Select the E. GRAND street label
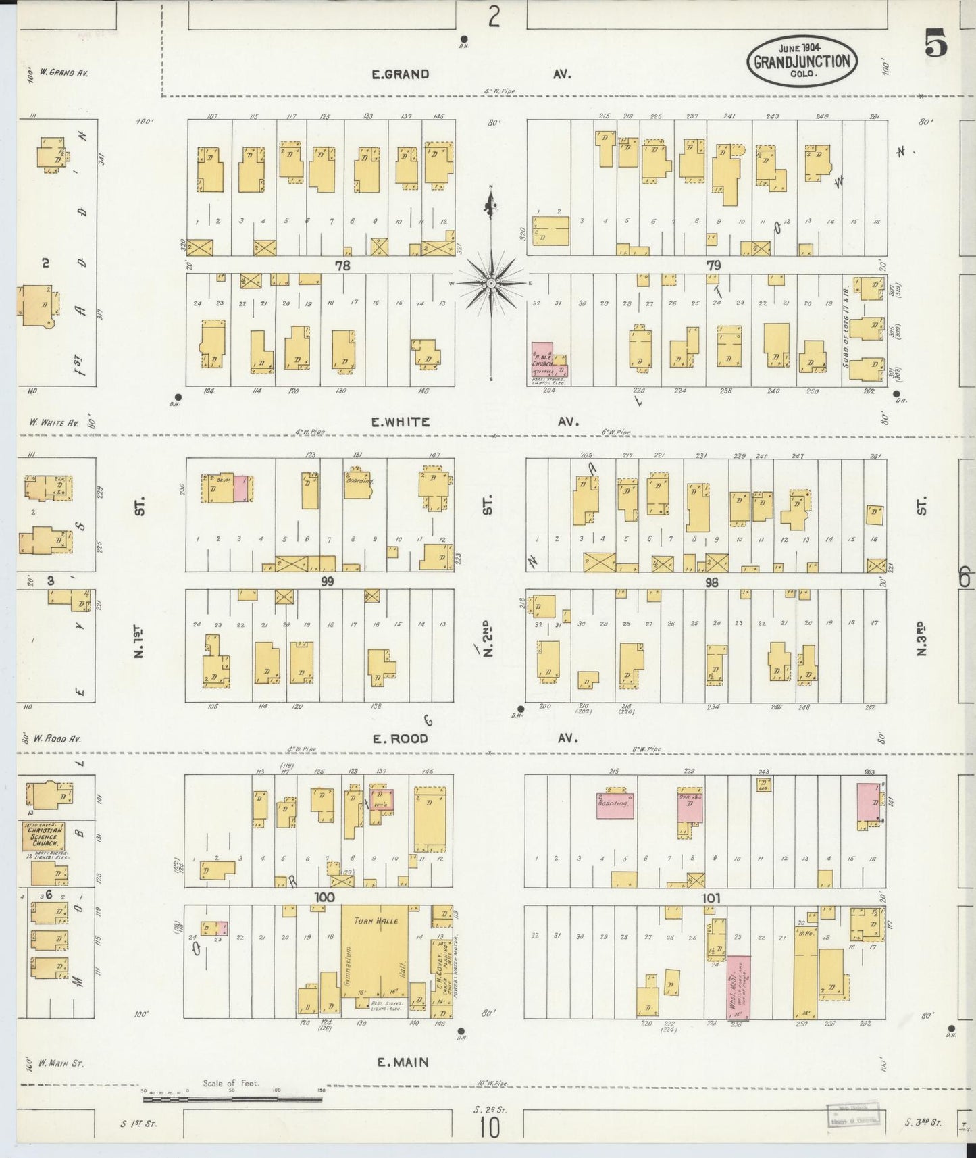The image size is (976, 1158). (x=401, y=74)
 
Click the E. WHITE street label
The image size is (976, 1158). (x=400, y=422)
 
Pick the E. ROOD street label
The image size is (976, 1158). (x=400, y=738)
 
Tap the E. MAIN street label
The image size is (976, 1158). (x=403, y=1063)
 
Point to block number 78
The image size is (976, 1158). (x=343, y=266)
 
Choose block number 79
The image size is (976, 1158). (x=713, y=266)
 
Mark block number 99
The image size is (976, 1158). (x=328, y=581)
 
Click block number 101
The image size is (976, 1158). (x=711, y=898)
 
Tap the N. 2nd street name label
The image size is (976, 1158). (x=488, y=638)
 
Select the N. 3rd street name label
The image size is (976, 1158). (x=921, y=638)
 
